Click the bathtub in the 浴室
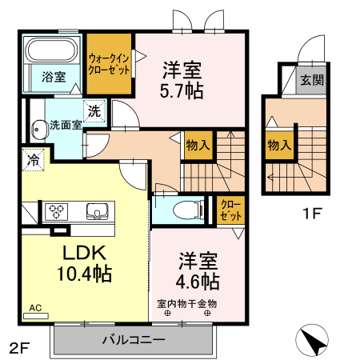pyautogui.click(x=53, y=50)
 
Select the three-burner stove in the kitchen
pyautogui.click(x=56, y=211)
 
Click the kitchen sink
pyautogui.click(x=97, y=211)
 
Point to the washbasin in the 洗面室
pyautogui.click(x=38, y=130)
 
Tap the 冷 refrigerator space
pyautogui.click(x=33, y=160)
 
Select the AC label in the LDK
pyautogui.click(x=35, y=308)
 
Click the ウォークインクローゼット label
pyautogui.click(x=109, y=64)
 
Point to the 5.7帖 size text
pyautogui.click(x=182, y=91)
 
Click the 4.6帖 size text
pyautogui.click(x=198, y=282)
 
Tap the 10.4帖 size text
pyautogui.click(x=84, y=274)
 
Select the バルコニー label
pyautogui.click(x=134, y=340)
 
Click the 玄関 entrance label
pyautogui.click(x=311, y=80)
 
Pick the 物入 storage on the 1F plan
pyautogui.click(x=279, y=145)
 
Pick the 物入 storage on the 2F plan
pyautogui.click(x=198, y=146)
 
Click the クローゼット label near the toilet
pyautogui.click(x=231, y=210)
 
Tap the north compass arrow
pyautogui.click(x=312, y=340)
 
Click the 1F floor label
pyautogui.click(x=312, y=213)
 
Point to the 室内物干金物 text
pyautogui.click(x=186, y=303)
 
